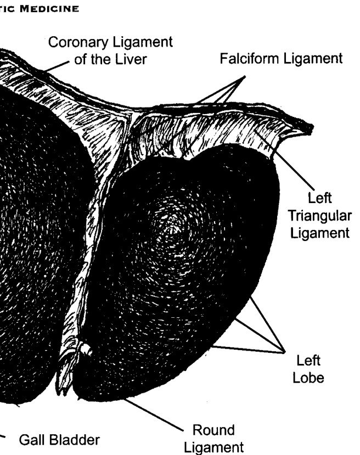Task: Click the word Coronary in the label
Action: [x=78, y=43]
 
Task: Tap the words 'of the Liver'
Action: [x=110, y=59]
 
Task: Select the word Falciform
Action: [x=250, y=58]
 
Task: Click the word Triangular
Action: [x=320, y=216]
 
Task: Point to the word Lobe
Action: [x=308, y=378]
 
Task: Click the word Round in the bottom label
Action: [x=213, y=430]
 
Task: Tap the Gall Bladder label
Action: [x=59, y=440]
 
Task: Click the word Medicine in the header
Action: [x=49, y=9]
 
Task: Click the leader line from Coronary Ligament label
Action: [x=57, y=66]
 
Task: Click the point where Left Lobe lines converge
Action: [x=284, y=352]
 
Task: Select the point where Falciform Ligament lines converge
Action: [x=245, y=77]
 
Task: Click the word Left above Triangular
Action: [x=319, y=198]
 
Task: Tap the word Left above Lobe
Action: [x=308, y=361]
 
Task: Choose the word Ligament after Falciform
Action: [x=313, y=59]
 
